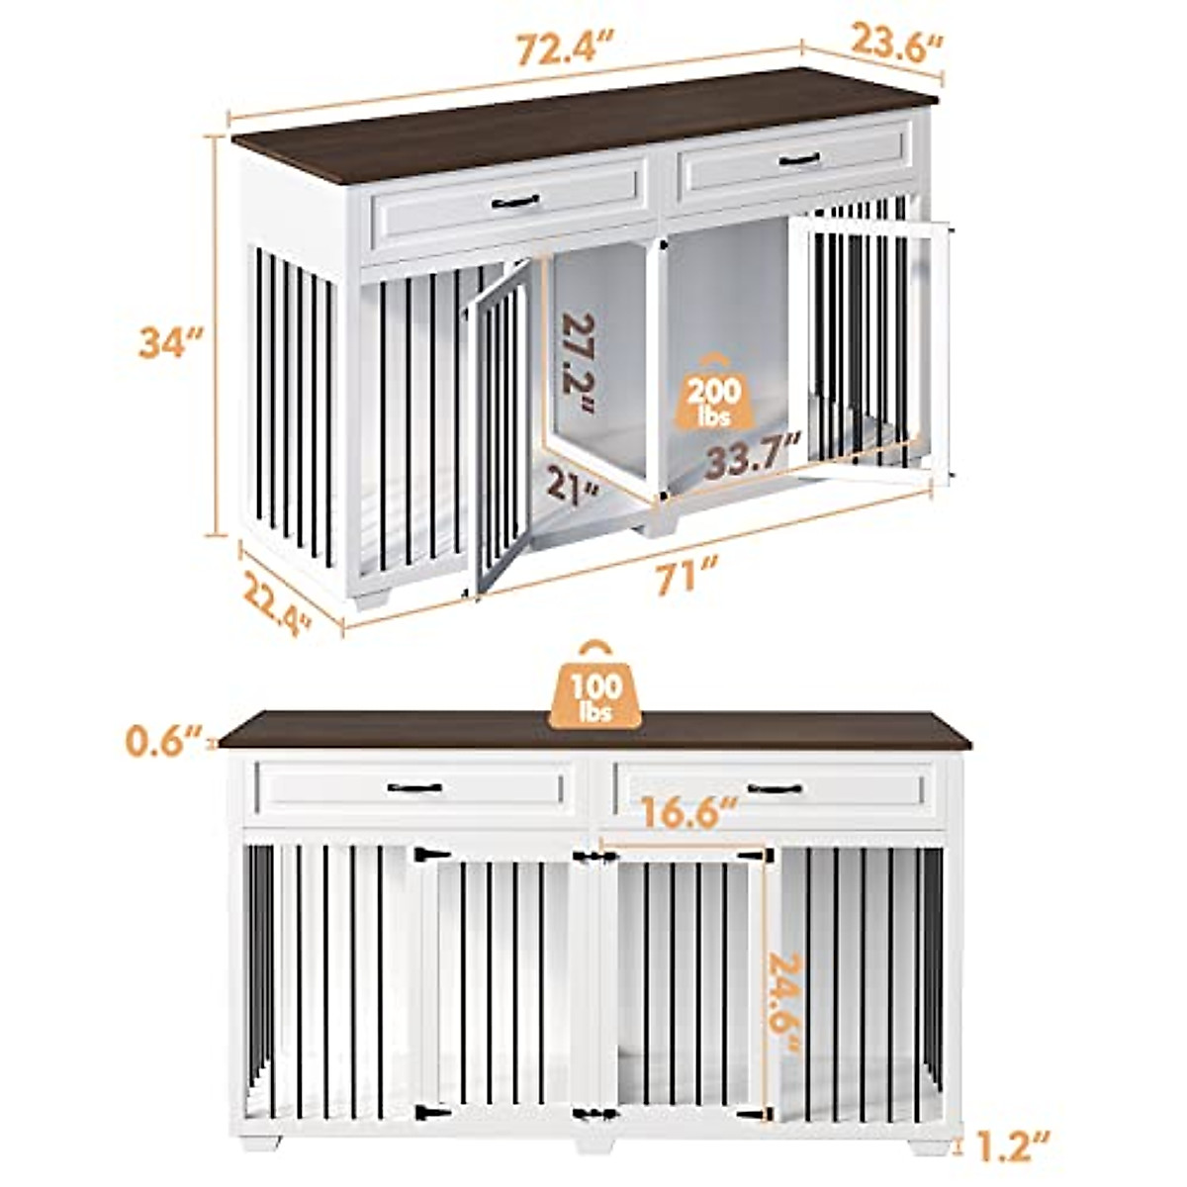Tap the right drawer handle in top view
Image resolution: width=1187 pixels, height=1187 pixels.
798,159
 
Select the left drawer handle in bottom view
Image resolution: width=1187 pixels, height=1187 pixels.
414,788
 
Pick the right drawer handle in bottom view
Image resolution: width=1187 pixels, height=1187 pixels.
775,788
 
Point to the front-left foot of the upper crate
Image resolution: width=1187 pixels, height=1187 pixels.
373,599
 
